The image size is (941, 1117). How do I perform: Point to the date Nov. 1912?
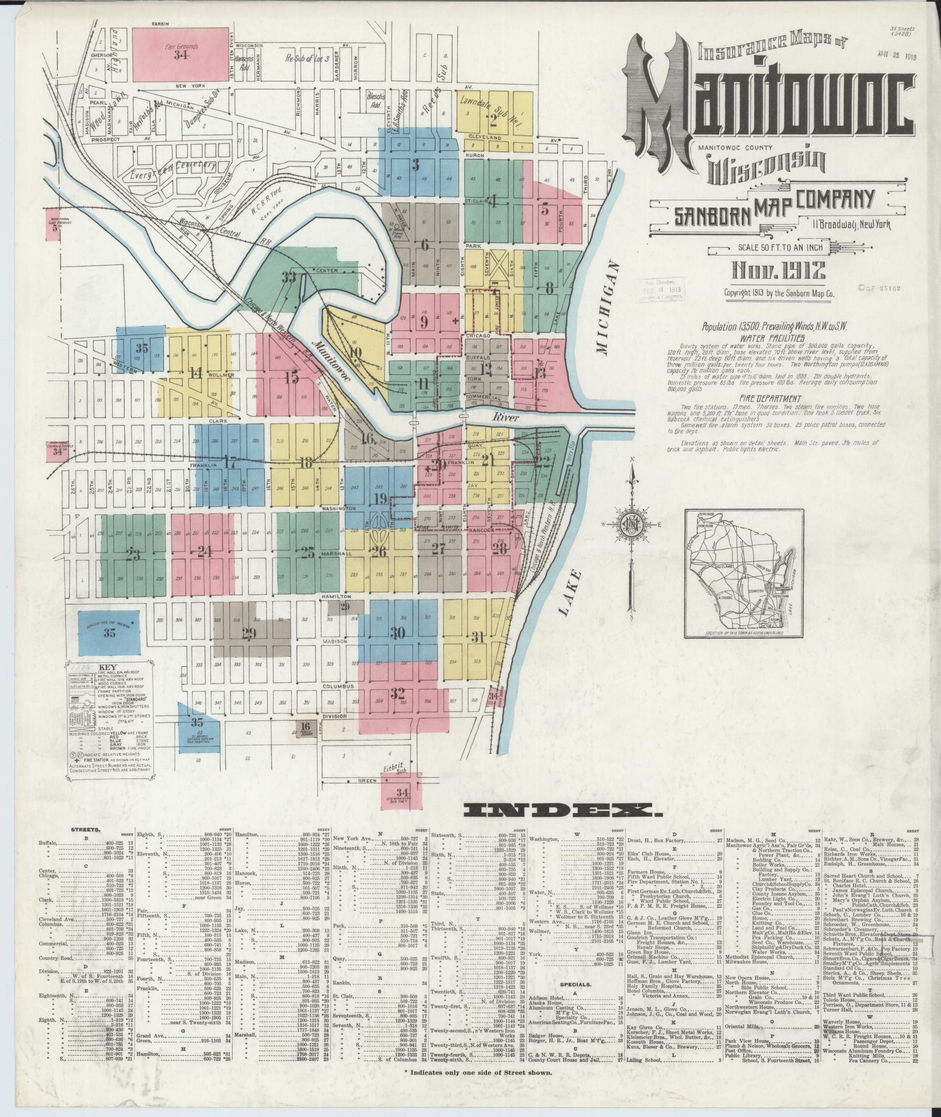[x=778, y=270]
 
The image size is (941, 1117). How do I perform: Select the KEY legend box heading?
[x=109, y=666]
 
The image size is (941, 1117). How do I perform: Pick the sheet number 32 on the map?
[x=398, y=694]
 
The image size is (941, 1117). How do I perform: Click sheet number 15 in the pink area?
[x=292, y=378]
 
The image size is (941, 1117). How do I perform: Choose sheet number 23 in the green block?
[x=135, y=555]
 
